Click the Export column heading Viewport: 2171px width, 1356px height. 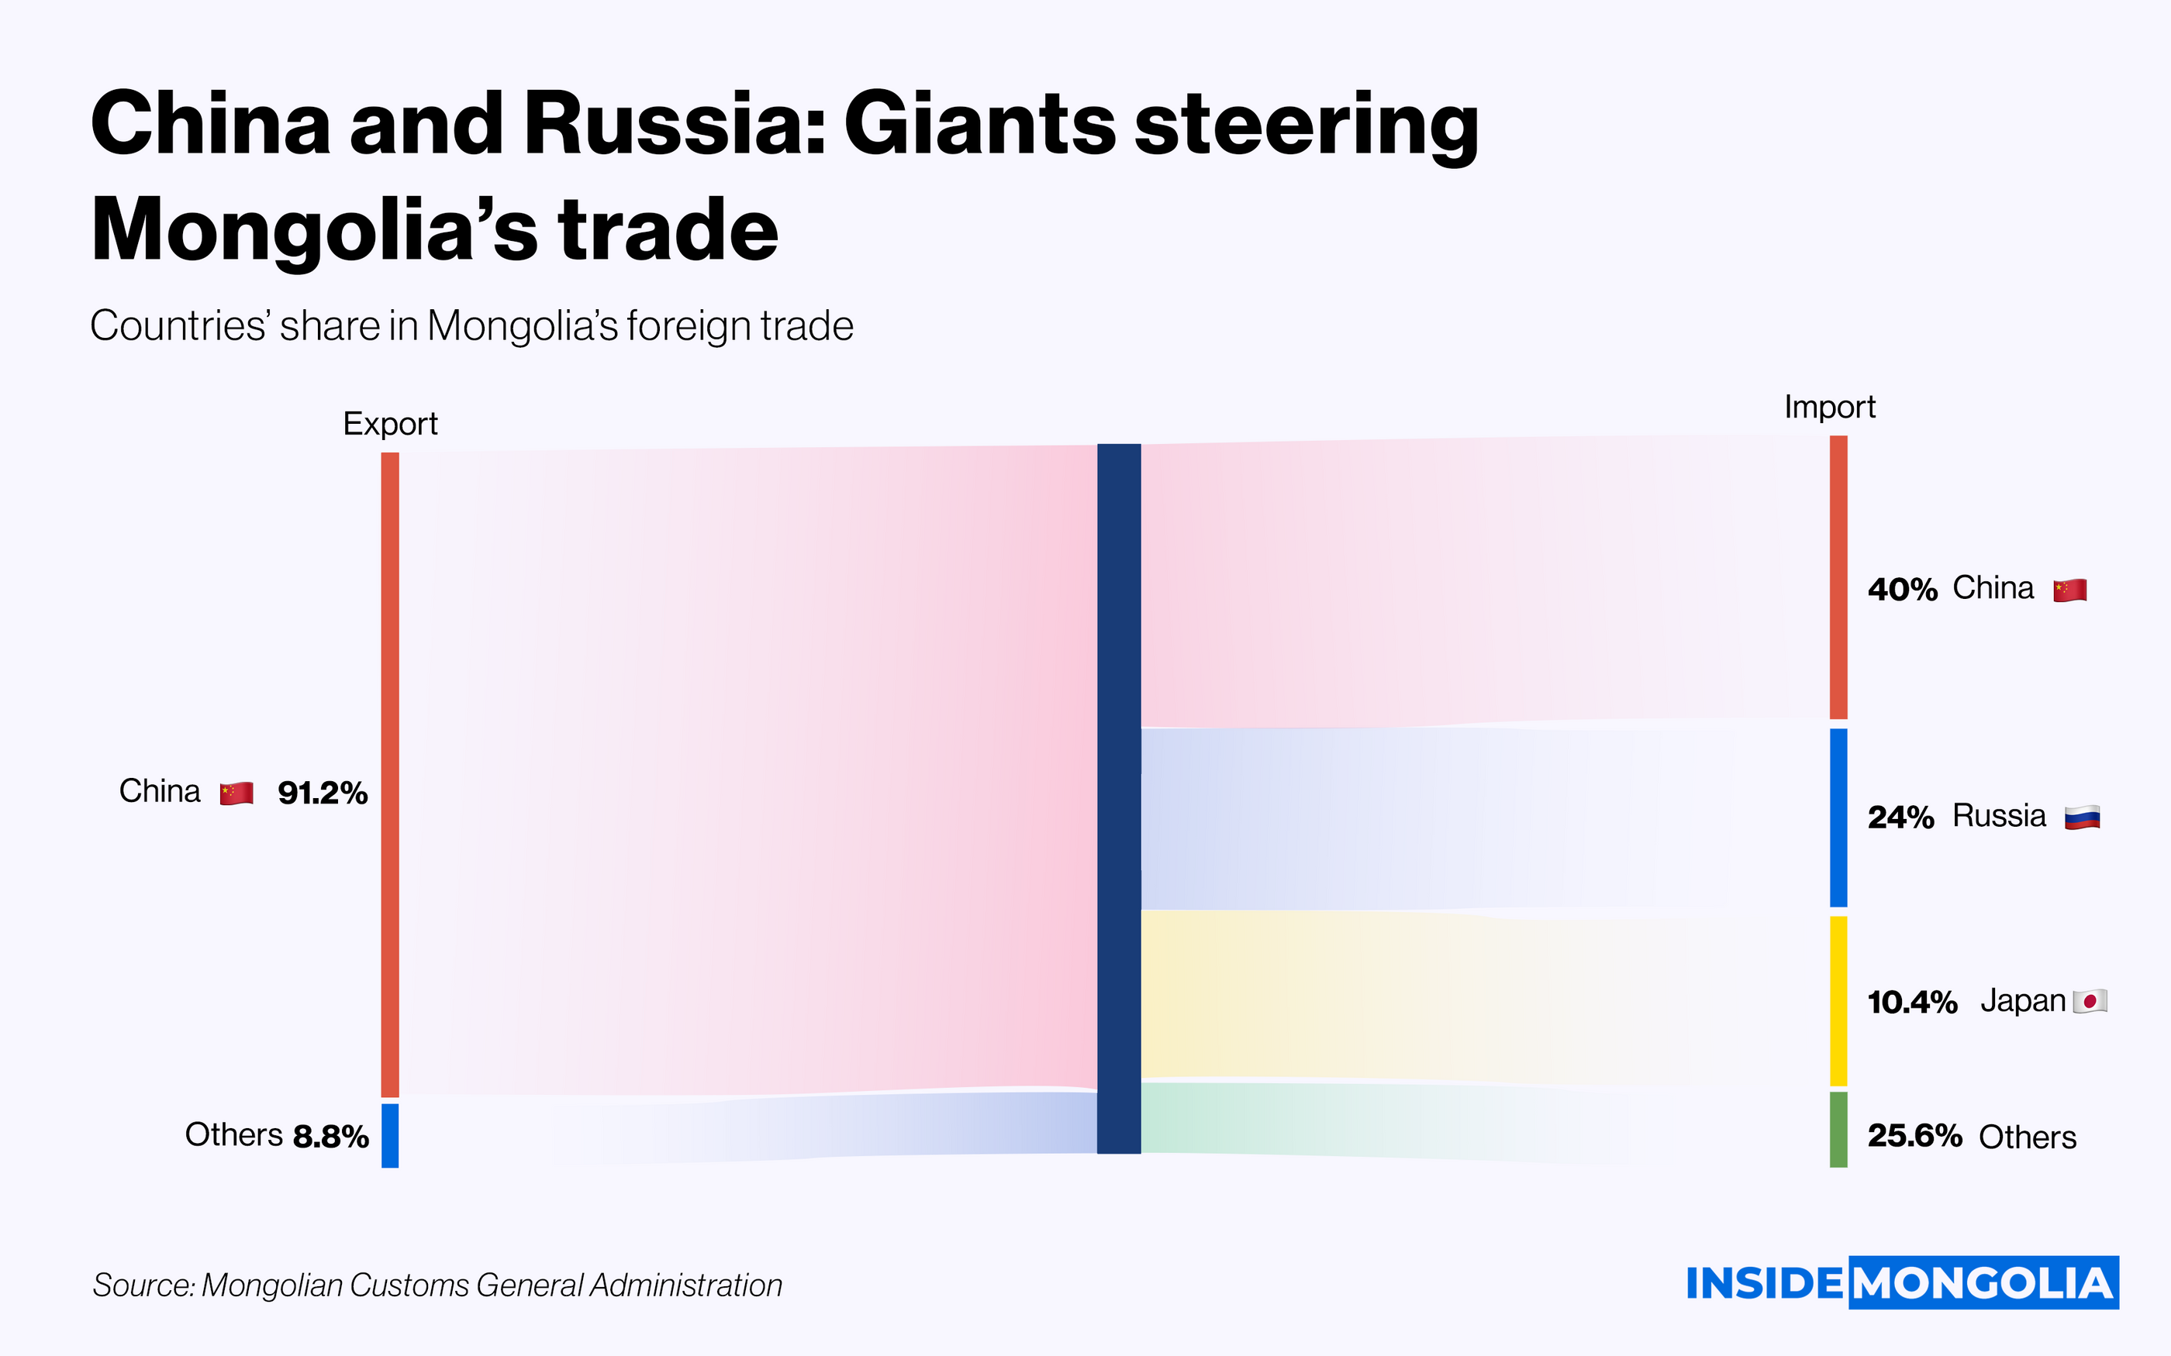390,423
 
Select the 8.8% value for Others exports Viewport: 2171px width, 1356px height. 331,1136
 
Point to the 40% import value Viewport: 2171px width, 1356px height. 1902,589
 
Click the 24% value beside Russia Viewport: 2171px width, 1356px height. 1900,817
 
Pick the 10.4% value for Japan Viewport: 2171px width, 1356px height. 1913,1002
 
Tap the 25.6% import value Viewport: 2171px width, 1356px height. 1915,1136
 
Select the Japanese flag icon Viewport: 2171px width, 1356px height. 2090,1002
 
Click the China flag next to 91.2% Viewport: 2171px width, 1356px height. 236,793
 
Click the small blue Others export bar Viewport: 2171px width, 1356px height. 390,1135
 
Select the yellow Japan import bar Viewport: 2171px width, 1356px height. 1838,1001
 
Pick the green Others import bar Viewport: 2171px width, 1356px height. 1838,1130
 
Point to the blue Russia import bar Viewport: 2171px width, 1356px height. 1838,817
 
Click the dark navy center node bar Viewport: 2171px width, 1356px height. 1119,798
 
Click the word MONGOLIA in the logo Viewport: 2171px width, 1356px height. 1983,1283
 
